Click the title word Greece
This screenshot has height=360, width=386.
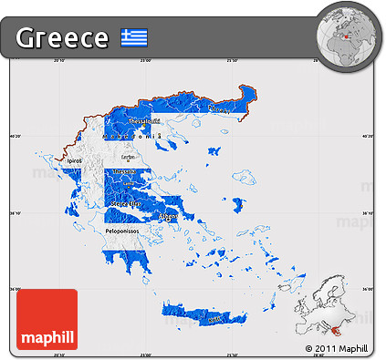[62, 38]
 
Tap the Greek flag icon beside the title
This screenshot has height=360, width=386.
[134, 38]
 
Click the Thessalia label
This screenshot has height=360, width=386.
[125, 170]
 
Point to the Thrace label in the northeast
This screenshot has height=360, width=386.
[218, 108]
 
